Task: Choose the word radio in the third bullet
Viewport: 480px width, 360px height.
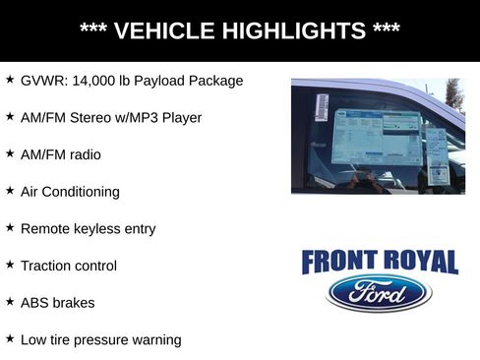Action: pyautogui.click(x=83, y=154)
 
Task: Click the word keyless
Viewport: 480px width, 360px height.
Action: pyautogui.click(x=101, y=229)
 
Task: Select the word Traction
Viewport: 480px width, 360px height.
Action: pyautogui.click(x=47, y=266)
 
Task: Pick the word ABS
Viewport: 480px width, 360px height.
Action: pyautogui.click(x=35, y=303)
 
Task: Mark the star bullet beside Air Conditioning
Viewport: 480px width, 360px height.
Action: pyautogui.click(x=10, y=191)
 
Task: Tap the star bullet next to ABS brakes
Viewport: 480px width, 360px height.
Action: pyautogui.click(x=10, y=302)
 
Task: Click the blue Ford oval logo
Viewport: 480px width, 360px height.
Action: pyautogui.click(x=379, y=293)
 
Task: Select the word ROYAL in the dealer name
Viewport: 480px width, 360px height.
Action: pyautogui.click(x=418, y=262)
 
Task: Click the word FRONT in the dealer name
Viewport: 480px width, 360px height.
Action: pyautogui.click(x=339, y=262)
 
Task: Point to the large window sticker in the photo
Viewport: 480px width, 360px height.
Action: pyautogui.click(x=375, y=139)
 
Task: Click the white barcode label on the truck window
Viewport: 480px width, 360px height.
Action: pyautogui.click(x=322, y=103)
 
